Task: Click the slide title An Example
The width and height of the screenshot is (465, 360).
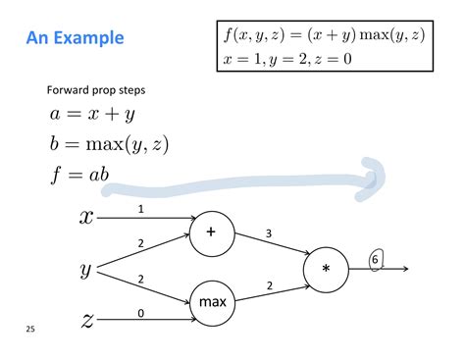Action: [75, 38]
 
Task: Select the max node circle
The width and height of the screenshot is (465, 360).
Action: [213, 302]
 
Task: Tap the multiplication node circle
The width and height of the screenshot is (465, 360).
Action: [327, 268]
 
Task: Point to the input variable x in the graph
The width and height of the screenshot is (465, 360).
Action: [86, 217]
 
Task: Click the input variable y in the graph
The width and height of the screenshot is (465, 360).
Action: [86, 267]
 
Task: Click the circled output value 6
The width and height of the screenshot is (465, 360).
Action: [376, 259]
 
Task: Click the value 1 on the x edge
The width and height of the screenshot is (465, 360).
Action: [141, 209]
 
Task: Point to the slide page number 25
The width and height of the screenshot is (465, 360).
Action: [30, 330]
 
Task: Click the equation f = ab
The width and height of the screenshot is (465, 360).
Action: [79, 177]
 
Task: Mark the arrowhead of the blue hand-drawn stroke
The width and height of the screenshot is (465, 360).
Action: [376, 175]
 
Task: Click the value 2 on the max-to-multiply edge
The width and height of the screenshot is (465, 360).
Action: [270, 285]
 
